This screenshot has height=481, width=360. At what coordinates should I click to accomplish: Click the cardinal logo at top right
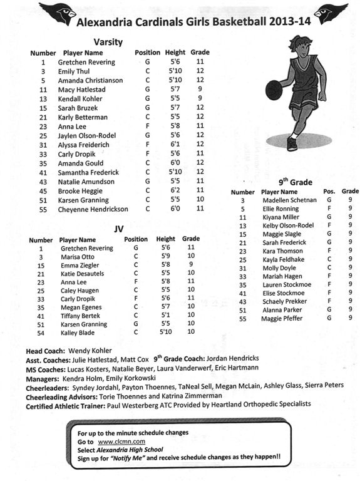(x=331, y=11)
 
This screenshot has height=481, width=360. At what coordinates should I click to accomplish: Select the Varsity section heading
(x=108, y=43)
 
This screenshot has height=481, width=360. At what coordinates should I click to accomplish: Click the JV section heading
(x=118, y=229)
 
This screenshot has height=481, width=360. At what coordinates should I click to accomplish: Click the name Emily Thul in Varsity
(x=75, y=71)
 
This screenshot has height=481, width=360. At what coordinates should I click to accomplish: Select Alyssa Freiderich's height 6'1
(x=175, y=145)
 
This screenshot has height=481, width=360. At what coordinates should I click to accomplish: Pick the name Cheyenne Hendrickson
(x=93, y=209)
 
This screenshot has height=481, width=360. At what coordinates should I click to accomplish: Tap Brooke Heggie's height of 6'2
(x=175, y=190)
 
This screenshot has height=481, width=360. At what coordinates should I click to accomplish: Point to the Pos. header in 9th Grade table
(x=329, y=191)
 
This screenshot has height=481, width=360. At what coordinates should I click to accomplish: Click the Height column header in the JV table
(x=166, y=239)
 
